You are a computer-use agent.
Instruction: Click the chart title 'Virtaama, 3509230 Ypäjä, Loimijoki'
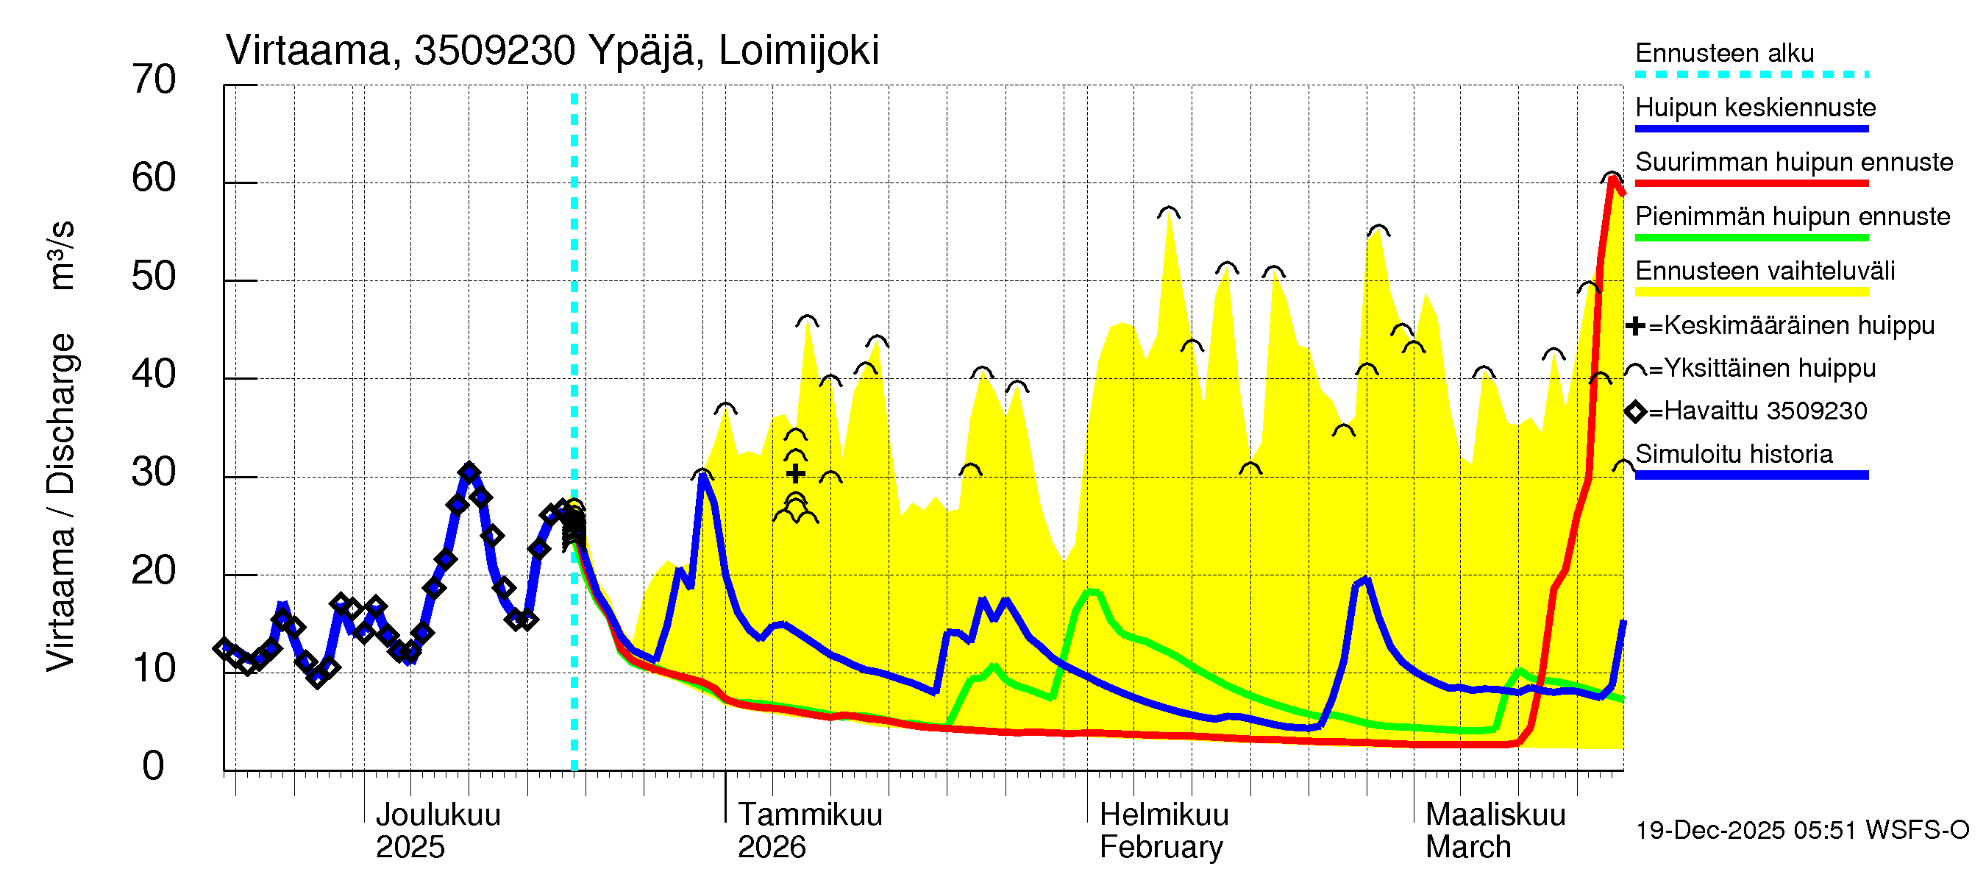tap(552, 51)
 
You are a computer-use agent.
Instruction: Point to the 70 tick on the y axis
tap(154, 80)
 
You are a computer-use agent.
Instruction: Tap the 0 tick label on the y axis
tap(154, 766)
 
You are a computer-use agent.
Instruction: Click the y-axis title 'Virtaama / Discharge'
tap(60, 502)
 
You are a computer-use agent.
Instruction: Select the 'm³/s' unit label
tap(60, 255)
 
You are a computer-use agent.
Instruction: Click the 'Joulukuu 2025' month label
tap(437, 831)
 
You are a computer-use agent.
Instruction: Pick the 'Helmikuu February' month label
tap(1164, 831)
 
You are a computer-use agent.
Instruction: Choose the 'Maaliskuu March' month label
tap(1495, 831)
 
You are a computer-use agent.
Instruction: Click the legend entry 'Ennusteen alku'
tap(1724, 53)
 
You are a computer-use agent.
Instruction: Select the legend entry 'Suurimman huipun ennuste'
tap(1793, 162)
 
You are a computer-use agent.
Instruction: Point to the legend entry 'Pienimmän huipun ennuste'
tap(1792, 216)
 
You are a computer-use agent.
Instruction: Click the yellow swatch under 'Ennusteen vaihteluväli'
tap(1751, 292)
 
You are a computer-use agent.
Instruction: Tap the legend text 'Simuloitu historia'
tap(1733, 454)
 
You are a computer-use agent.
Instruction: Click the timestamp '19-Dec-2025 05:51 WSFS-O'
tap(1801, 831)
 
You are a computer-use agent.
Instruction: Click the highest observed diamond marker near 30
tap(469, 472)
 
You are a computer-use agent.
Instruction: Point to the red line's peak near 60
tap(1612, 179)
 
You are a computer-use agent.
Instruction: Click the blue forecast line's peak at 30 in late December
tap(702, 475)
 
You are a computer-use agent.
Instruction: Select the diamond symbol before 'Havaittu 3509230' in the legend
tap(1634, 412)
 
